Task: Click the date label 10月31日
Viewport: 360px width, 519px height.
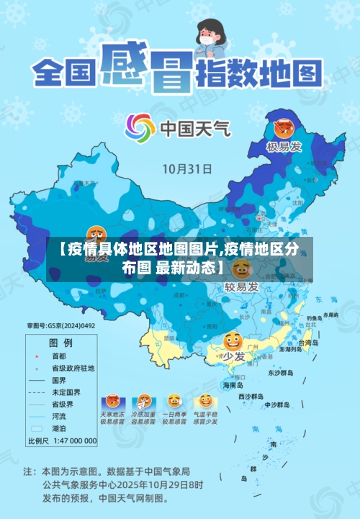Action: (x=186, y=169)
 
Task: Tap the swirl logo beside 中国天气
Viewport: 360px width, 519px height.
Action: (x=140, y=129)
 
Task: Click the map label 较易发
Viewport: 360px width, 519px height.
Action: (x=241, y=286)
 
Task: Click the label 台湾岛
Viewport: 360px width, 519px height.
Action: (x=307, y=343)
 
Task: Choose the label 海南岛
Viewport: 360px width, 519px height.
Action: (x=235, y=385)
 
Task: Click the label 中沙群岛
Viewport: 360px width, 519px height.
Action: (x=275, y=404)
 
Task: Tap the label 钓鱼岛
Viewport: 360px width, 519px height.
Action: (x=315, y=317)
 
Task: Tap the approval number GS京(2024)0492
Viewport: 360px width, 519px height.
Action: (x=61, y=325)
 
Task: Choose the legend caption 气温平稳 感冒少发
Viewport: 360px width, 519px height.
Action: (x=205, y=419)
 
